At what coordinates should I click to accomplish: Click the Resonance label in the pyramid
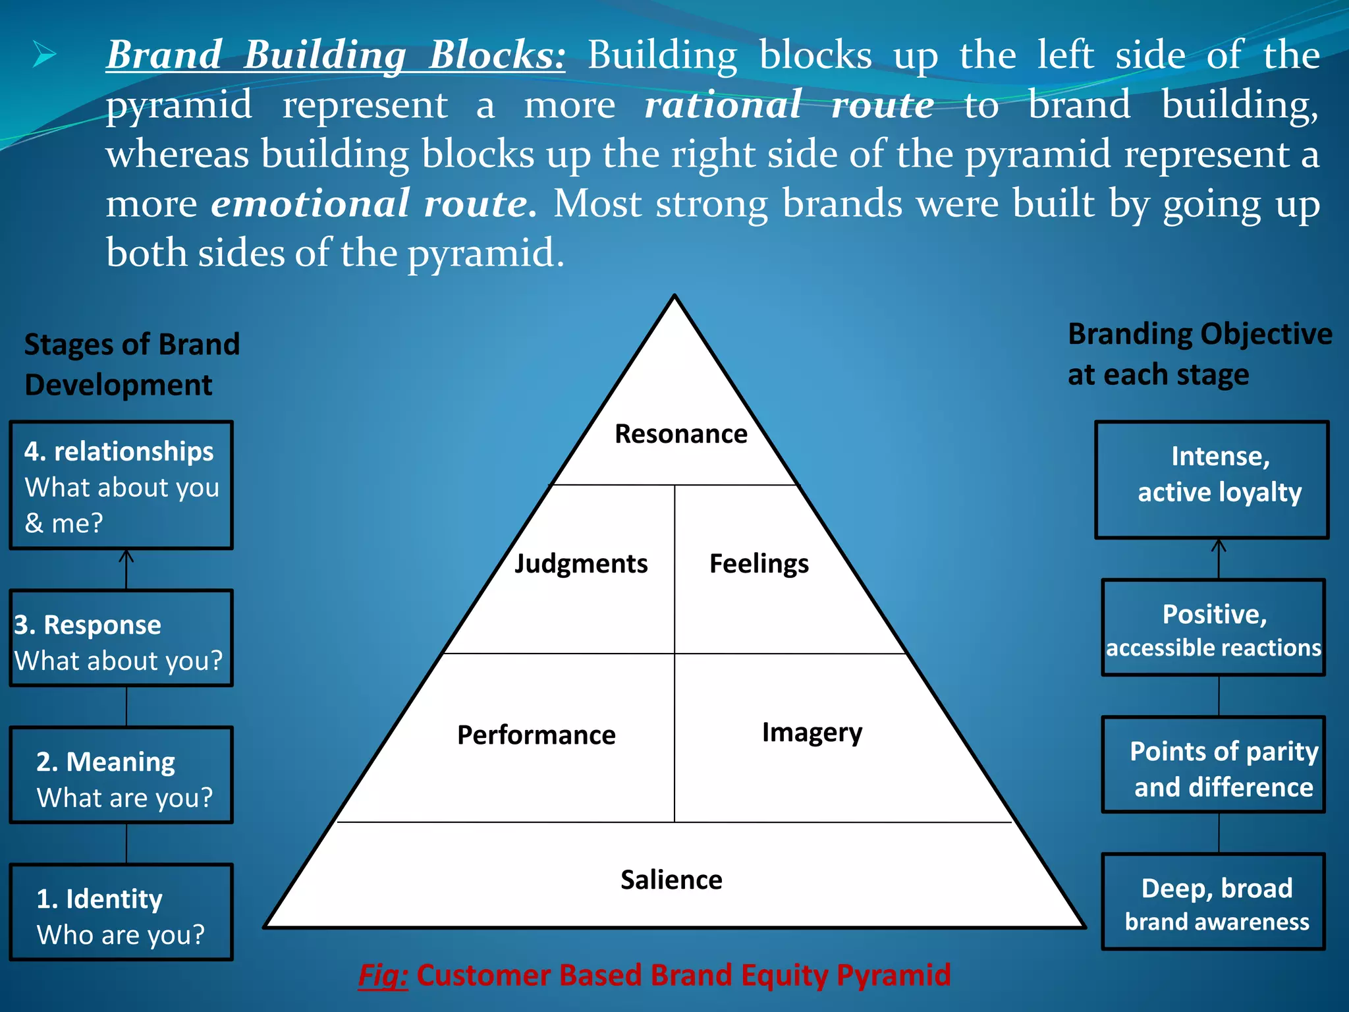click(680, 434)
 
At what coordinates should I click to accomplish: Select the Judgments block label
click(581, 564)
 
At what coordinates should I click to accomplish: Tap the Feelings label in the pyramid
click(759, 564)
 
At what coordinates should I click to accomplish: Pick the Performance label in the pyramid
click(536, 735)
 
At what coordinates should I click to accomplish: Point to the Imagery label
click(812, 733)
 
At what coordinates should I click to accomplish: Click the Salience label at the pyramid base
click(671, 880)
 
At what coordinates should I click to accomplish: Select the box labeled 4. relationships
click(121, 485)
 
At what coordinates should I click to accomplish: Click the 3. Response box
click(121, 638)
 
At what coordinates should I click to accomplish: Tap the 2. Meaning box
click(121, 775)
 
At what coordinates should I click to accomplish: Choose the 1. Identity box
click(121, 913)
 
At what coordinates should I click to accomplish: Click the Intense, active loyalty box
click(1211, 480)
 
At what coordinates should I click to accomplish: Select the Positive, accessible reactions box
click(1213, 628)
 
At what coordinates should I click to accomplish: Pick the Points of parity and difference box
click(1213, 765)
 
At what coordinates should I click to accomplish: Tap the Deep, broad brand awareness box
click(1213, 902)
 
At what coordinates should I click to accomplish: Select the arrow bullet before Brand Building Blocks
click(44, 55)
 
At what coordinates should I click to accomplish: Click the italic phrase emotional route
click(373, 203)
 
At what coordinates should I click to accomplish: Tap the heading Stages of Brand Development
click(131, 364)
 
